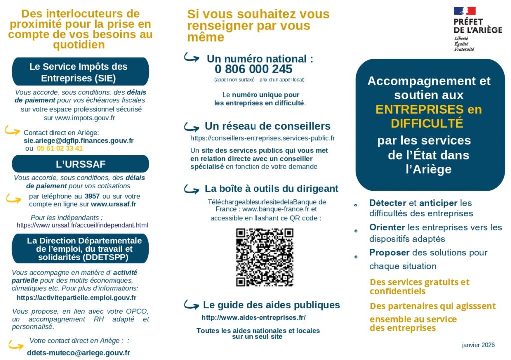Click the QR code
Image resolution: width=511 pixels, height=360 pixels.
pos(264,257)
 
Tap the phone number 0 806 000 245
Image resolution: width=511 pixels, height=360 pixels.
pos(254,69)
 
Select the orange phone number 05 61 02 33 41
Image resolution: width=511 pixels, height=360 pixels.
pos(60,148)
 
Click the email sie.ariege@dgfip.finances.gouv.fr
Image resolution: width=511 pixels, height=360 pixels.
pos(79,141)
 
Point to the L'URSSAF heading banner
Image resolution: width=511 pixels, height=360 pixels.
pos(80,164)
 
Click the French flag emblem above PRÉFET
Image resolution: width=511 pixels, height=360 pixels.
pos(464,11)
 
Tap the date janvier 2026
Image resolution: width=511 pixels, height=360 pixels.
pos(478,345)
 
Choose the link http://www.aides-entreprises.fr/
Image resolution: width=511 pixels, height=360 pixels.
pos(254,318)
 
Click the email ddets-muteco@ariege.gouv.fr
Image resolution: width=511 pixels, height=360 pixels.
pos(78,353)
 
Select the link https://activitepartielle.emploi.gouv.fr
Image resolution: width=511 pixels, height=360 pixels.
pos(76,298)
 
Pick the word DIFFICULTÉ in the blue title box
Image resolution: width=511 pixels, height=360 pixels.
pos(427,123)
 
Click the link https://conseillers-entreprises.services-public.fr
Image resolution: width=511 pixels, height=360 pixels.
pos(262,138)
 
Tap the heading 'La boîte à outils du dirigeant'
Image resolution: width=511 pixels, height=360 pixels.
pos(271,189)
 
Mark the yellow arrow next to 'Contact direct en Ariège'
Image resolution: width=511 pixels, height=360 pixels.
pos(13,131)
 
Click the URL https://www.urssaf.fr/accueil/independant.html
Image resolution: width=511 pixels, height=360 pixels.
pos(82,225)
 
